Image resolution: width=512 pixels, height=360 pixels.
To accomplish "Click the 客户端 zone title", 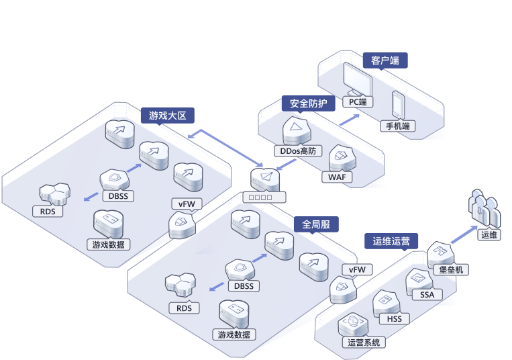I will [385, 60].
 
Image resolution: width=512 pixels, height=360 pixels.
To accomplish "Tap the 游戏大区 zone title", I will [167, 115].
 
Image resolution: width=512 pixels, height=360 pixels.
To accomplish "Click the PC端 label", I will [358, 102].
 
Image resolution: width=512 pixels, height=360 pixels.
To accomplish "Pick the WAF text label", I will [337, 177].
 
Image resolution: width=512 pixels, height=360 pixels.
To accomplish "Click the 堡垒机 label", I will [450, 269].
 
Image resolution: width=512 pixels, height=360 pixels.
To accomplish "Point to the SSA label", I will [427, 294].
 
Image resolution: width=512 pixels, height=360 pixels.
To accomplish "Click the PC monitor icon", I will [358, 79].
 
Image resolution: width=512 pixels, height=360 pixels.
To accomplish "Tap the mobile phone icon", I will [398, 105].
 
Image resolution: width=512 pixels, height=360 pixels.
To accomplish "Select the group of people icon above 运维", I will [484, 210].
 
